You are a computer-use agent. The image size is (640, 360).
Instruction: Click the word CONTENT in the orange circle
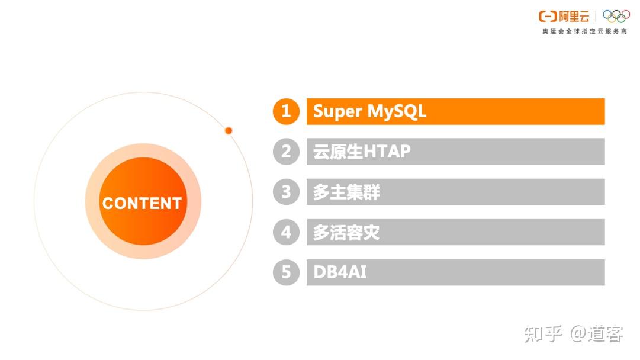point(142,203)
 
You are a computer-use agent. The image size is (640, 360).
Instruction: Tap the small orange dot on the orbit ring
point(229,131)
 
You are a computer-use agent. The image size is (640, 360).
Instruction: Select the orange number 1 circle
point(286,111)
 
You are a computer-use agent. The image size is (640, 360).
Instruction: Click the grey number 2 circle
point(286,152)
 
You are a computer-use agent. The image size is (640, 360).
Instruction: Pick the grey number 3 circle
point(286,192)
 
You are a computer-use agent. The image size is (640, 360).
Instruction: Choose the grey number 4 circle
point(286,232)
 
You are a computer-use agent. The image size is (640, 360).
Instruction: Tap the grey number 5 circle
point(286,272)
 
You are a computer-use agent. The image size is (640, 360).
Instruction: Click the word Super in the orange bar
point(337,112)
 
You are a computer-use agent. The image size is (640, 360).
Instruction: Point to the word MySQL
point(397,112)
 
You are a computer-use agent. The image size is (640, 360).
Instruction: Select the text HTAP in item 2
point(387,152)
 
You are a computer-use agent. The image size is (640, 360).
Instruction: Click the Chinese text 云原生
point(338,152)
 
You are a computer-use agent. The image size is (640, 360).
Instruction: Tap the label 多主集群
point(346,192)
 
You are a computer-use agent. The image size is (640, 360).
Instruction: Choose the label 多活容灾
point(346,232)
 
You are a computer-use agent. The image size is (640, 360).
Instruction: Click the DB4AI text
point(340,272)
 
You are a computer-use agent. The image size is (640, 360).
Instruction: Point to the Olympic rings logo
point(616,17)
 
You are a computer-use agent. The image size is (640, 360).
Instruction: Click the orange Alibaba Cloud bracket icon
point(548,17)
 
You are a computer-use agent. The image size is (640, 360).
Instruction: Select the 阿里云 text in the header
point(574,17)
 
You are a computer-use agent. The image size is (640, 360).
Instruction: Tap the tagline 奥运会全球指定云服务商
point(584,31)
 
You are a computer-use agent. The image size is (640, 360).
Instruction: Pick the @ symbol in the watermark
point(578,333)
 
